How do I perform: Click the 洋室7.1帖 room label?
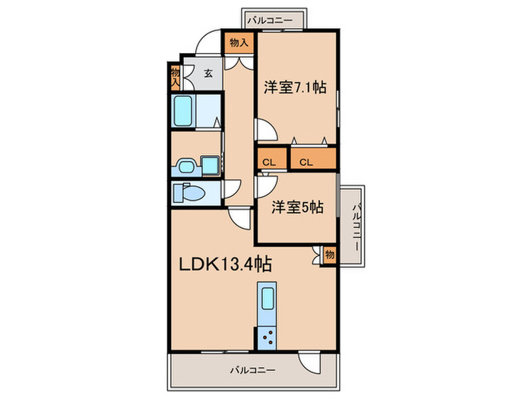(296, 87)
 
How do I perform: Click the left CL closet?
(269, 161)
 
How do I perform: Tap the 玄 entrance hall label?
(207, 74)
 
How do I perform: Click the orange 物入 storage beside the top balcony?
(239, 43)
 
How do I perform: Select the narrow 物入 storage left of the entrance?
(176, 74)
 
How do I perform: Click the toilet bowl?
(190, 193)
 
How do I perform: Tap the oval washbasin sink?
(185, 165)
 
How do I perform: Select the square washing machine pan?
(208, 165)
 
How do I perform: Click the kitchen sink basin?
(268, 299)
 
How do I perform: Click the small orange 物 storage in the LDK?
(329, 255)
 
